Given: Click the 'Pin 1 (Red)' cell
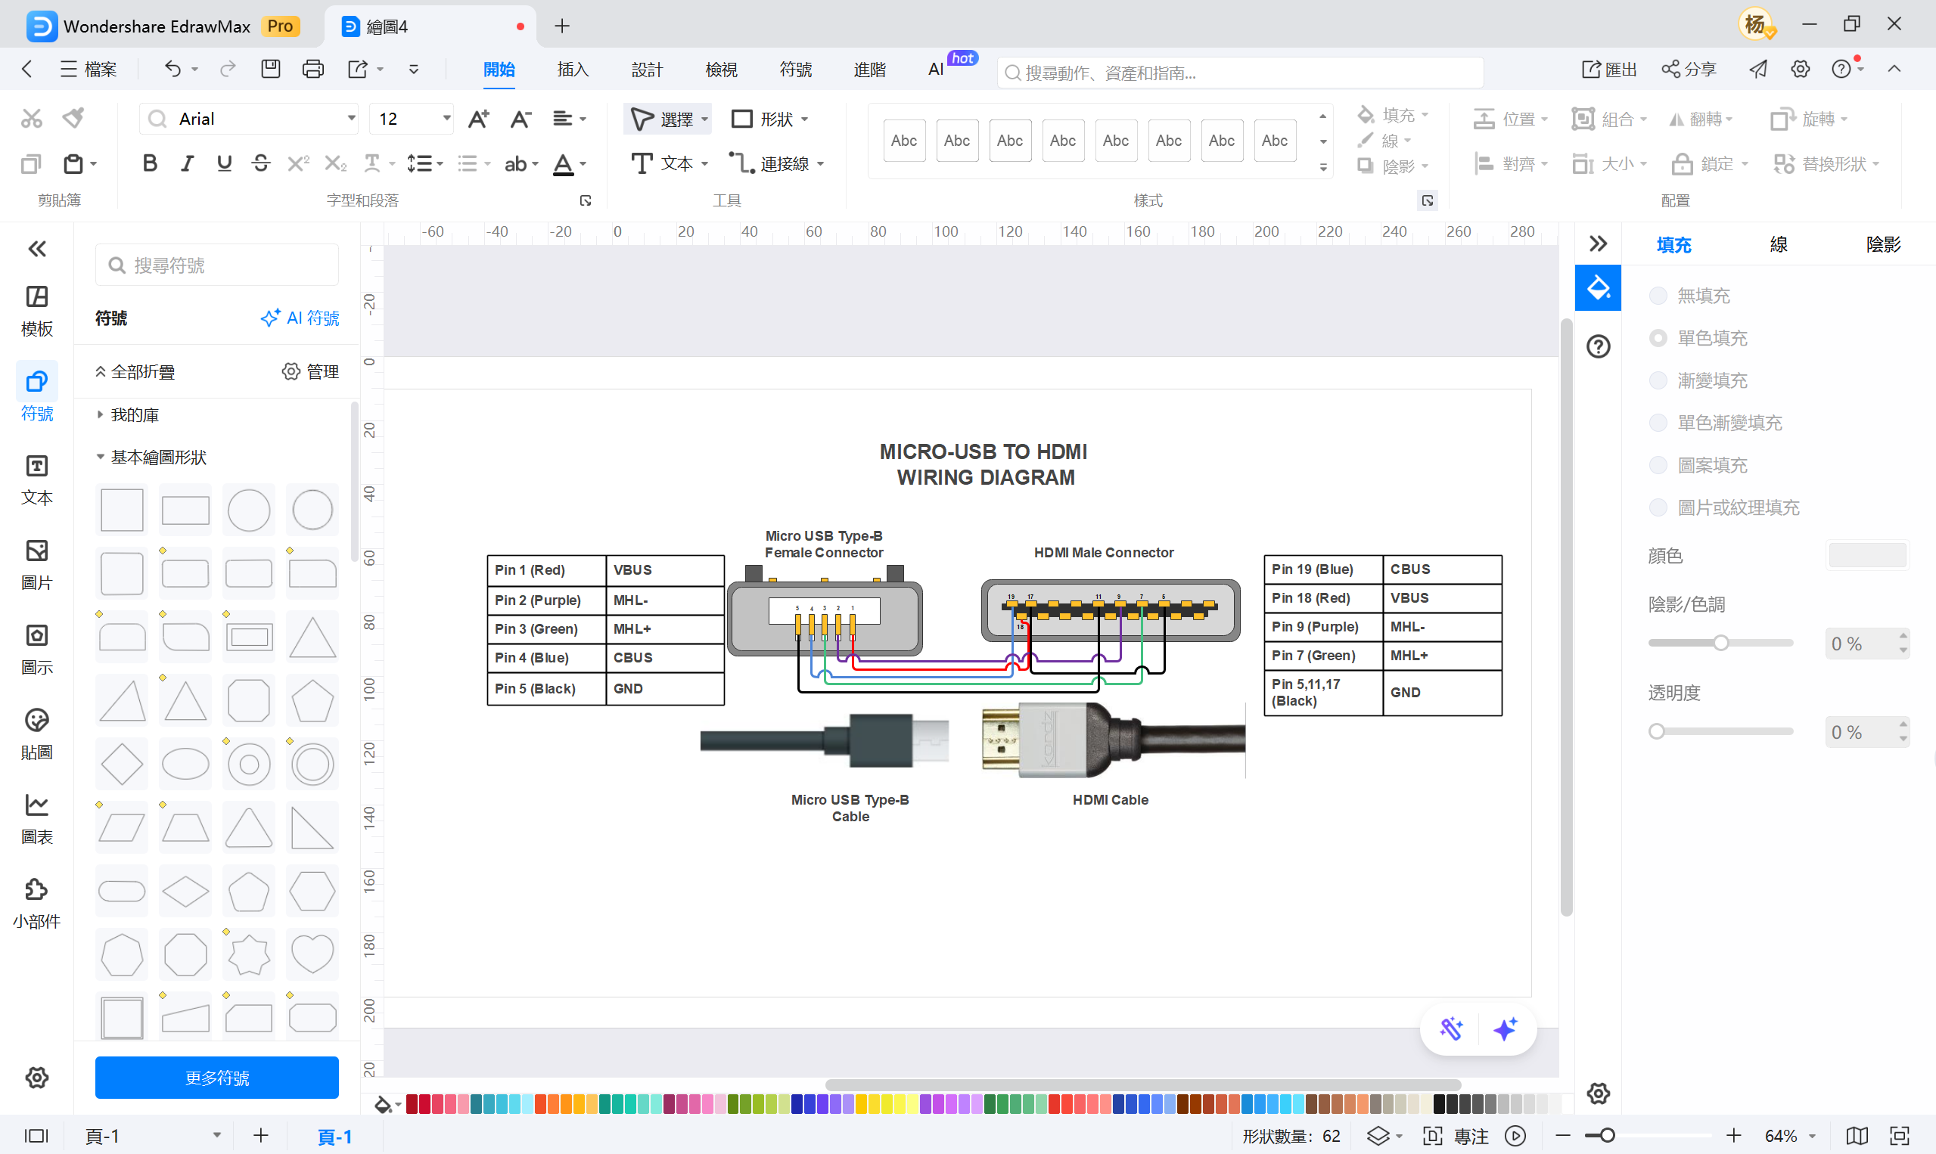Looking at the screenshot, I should pyautogui.click(x=546, y=570).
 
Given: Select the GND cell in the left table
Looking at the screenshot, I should pyautogui.click(x=664, y=689).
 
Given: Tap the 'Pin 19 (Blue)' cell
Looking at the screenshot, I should pyautogui.click(x=1322, y=569).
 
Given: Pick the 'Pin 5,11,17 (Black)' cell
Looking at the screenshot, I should pyautogui.click(x=1322, y=692).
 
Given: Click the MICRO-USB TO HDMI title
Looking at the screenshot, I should pyautogui.click(x=985, y=464).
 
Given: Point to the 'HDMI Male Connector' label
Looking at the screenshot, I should pyautogui.click(x=1103, y=553).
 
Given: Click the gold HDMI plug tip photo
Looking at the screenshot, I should pyautogui.click(x=1001, y=740).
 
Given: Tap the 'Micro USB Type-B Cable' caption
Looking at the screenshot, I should pyautogui.click(x=850, y=808).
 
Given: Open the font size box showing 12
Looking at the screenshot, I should pyautogui.click(x=405, y=119).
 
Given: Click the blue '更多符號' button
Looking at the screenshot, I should pyautogui.click(x=216, y=1078).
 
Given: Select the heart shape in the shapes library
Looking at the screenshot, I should pyautogui.click(x=312, y=954).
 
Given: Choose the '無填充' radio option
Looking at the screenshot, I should pyautogui.click(x=1658, y=296).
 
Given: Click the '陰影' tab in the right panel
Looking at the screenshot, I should pyautogui.click(x=1882, y=245).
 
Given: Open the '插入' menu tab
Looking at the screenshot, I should pyautogui.click(x=573, y=70).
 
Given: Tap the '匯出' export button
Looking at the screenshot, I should pyautogui.click(x=1609, y=70).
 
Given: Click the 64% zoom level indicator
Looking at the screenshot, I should pyautogui.click(x=1780, y=1136).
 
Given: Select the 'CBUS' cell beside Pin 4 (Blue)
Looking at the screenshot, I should pyautogui.click(x=664, y=658).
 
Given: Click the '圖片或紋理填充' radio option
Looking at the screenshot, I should pyautogui.click(x=1658, y=507).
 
